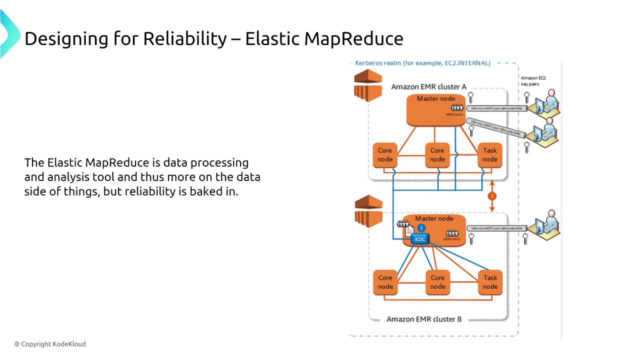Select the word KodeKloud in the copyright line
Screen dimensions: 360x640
[69, 344]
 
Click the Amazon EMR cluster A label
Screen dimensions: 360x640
[428, 86]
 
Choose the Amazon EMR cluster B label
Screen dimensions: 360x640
[424, 319]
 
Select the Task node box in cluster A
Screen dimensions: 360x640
[489, 155]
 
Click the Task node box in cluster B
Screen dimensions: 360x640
[490, 282]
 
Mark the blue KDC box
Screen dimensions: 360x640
[420, 239]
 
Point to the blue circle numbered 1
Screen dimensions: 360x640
[421, 228]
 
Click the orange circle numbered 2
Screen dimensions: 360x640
[492, 196]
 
